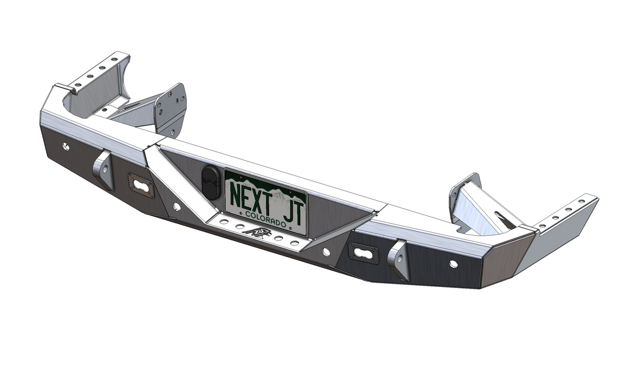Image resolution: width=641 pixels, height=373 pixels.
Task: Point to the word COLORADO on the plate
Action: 266,219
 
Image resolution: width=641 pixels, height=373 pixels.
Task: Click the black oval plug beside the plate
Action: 211,183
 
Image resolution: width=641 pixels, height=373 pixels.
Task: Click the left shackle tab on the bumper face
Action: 104,170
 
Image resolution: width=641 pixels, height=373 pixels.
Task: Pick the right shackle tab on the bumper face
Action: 398,260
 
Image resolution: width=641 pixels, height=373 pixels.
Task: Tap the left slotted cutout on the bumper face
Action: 141,185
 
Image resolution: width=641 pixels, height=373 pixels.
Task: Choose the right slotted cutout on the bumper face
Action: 363,253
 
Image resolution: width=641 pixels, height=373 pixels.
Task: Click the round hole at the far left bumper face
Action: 65,146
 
